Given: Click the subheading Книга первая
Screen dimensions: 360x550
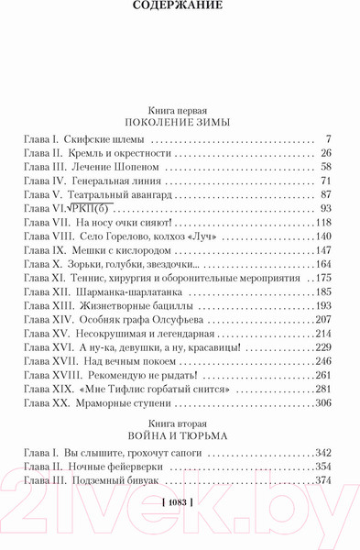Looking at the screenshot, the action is pyautogui.click(x=180, y=107).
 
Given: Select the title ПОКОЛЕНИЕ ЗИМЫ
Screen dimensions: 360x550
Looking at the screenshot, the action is pyautogui.click(x=180, y=121).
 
